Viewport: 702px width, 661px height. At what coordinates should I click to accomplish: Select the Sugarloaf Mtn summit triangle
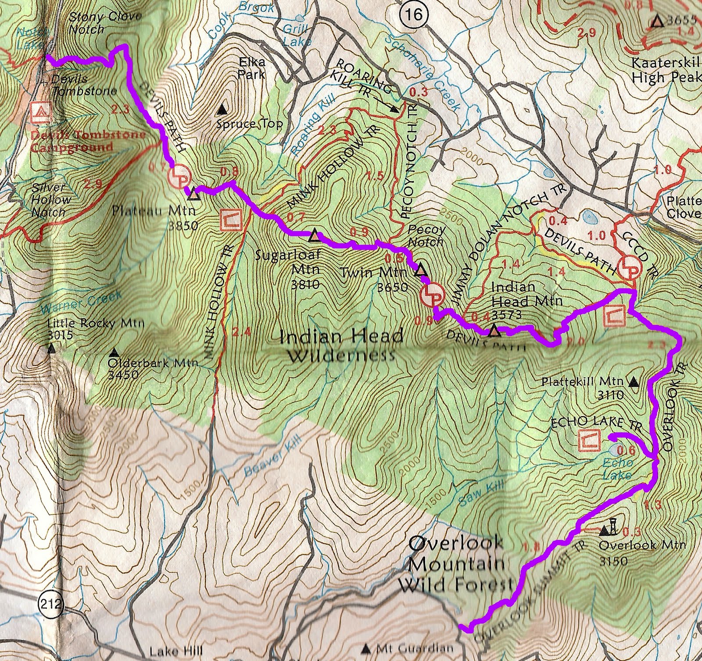(x=314, y=236)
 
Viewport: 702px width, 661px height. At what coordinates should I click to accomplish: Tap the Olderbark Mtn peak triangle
(x=115, y=352)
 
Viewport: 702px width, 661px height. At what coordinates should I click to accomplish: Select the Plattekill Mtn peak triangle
(x=633, y=383)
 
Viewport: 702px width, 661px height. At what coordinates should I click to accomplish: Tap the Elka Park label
(x=251, y=68)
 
